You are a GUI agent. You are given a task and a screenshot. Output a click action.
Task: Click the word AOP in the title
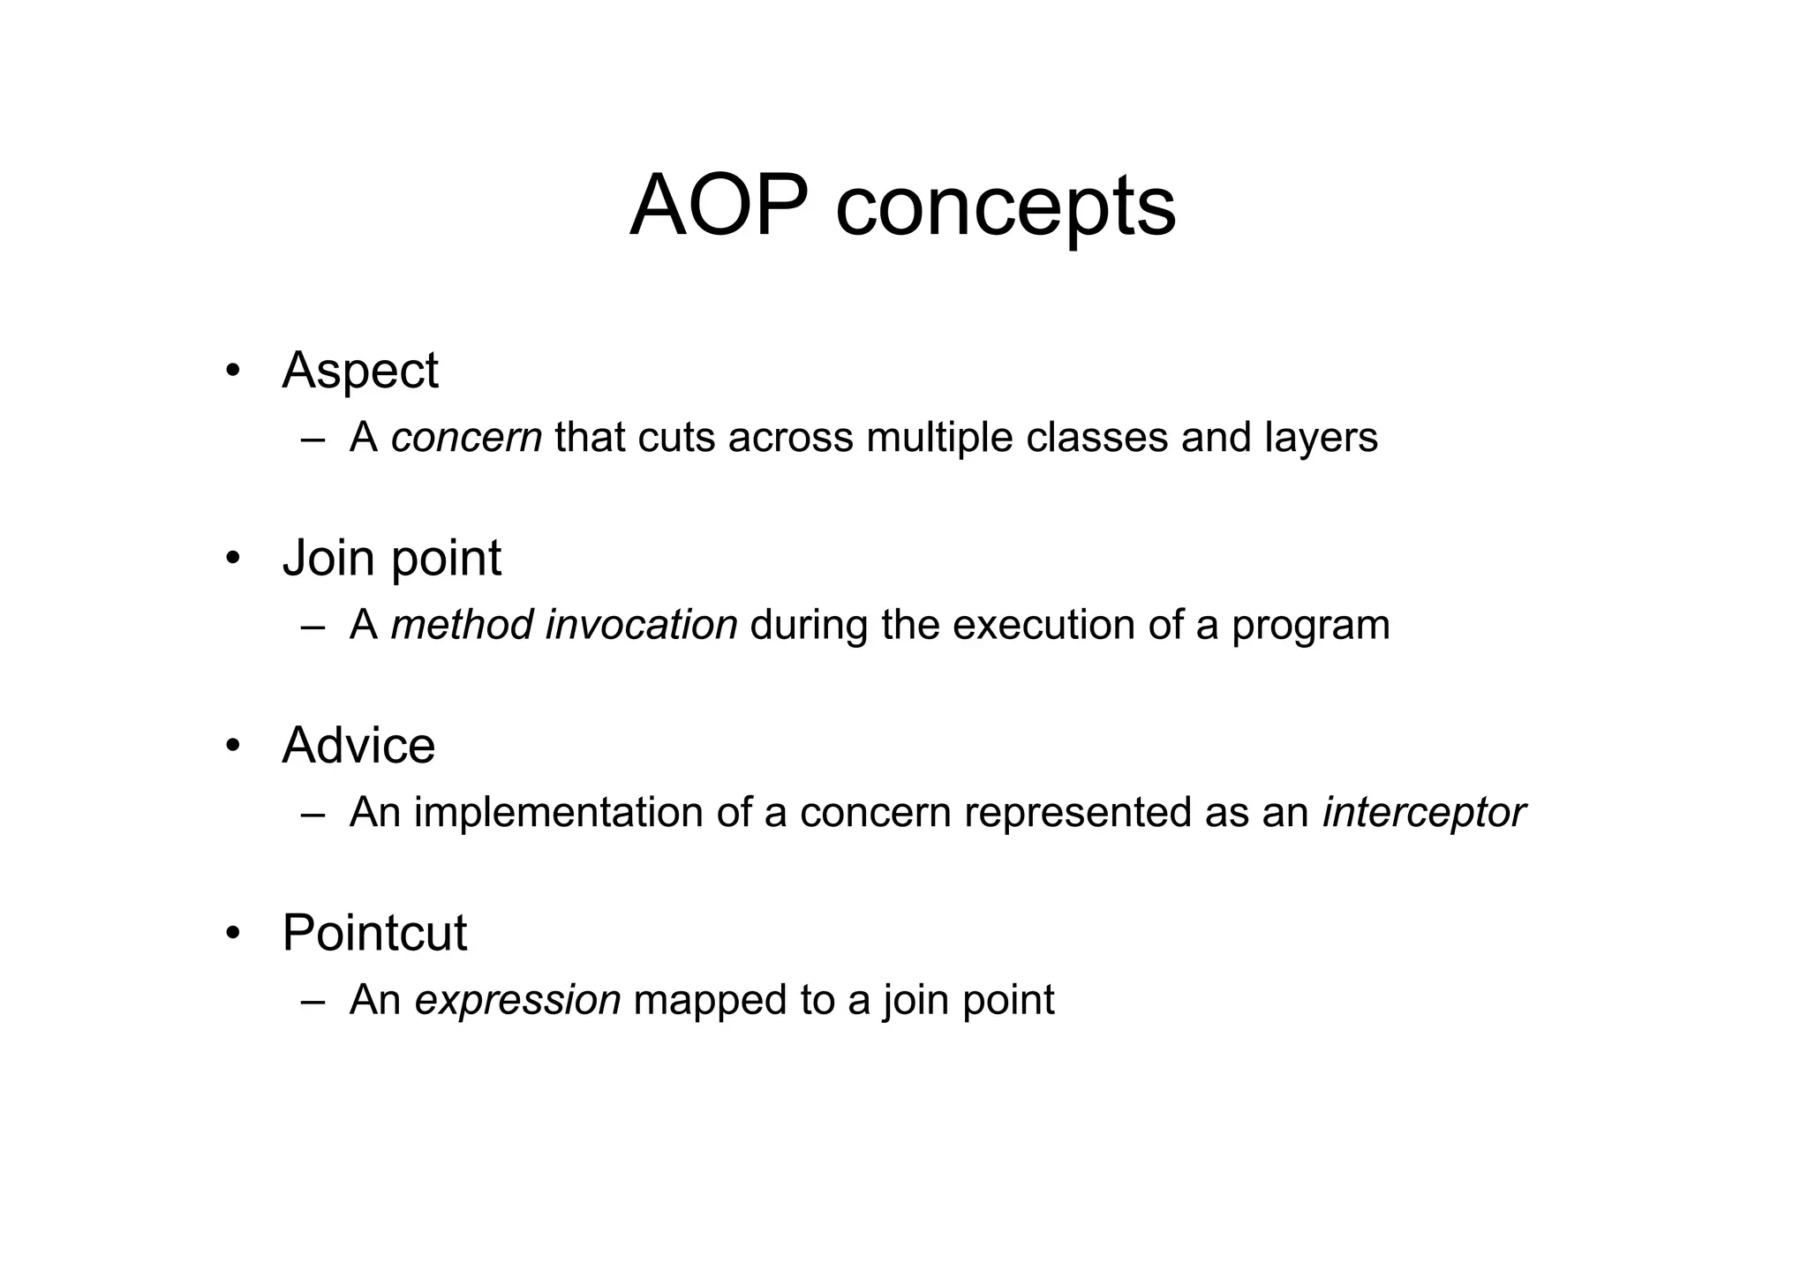[x=719, y=207]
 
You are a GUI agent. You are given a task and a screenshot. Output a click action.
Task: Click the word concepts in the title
[x=1005, y=210]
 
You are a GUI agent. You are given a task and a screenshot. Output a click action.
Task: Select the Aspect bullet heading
[x=359, y=371]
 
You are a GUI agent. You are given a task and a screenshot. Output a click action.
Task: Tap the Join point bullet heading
[x=391, y=559]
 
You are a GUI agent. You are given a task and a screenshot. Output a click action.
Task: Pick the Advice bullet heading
[x=358, y=746]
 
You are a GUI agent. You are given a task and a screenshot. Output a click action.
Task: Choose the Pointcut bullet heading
[x=373, y=933]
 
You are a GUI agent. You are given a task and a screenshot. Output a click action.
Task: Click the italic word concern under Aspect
[x=466, y=438]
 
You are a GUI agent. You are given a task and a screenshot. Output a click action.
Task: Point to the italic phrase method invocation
[x=563, y=625]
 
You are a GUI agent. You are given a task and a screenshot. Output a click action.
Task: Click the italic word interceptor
[x=1423, y=813]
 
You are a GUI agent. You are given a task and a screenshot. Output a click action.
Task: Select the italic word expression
[x=517, y=1000]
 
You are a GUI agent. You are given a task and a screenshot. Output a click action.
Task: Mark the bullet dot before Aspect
[x=232, y=371]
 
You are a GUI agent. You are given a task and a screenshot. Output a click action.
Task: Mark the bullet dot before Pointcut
[x=232, y=933]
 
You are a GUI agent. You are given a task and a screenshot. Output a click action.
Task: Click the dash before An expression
[x=312, y=1002]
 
